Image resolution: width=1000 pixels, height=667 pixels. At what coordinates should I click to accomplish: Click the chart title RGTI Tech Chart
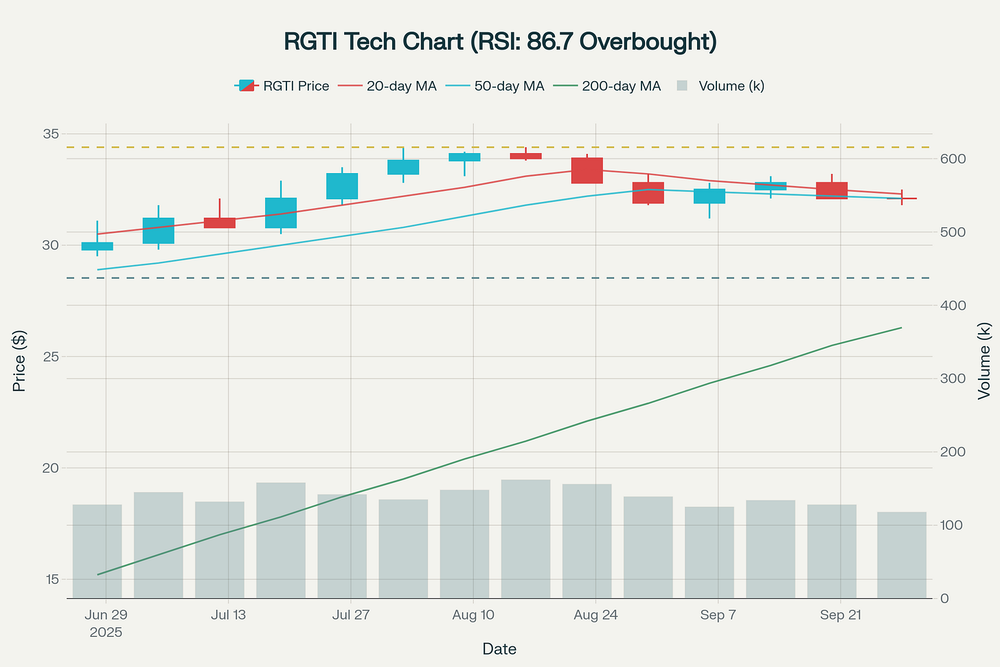click(500, 41)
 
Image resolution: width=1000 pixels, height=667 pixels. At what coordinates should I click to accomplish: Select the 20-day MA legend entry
click(401, 86)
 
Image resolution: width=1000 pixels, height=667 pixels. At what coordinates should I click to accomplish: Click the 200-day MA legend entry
click(621, 86)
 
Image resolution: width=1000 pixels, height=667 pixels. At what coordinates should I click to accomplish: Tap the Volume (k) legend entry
click(731, 86)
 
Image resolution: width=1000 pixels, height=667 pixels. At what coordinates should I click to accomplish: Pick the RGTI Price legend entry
click(295, 86)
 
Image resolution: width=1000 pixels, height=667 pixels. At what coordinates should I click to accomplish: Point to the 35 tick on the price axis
click(51, 133)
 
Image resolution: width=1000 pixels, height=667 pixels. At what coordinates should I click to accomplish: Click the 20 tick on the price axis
click(51, 468)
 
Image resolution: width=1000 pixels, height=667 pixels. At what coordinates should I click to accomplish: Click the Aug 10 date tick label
click(473, 615)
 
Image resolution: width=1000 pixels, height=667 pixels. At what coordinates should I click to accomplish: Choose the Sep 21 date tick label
click(841, 615)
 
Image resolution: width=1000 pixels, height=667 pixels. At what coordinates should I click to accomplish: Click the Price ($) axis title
click(19, 361)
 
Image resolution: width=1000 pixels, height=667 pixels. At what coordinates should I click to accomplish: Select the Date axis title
click(499, 649)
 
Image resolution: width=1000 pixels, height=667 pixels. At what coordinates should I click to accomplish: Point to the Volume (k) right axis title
click(984, 361)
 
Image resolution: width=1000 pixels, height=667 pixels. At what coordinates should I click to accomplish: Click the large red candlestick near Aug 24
click(587, 170)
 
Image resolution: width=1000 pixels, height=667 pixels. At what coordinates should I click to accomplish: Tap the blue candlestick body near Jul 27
click(342, 186)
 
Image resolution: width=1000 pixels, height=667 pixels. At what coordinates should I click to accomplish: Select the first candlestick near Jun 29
click(97, 246)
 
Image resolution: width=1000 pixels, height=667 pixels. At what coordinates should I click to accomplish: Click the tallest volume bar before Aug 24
click(525, 539)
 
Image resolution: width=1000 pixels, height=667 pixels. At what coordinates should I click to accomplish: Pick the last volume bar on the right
click(901, 555)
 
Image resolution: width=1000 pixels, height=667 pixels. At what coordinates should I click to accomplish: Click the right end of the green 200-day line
click(900, 328)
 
